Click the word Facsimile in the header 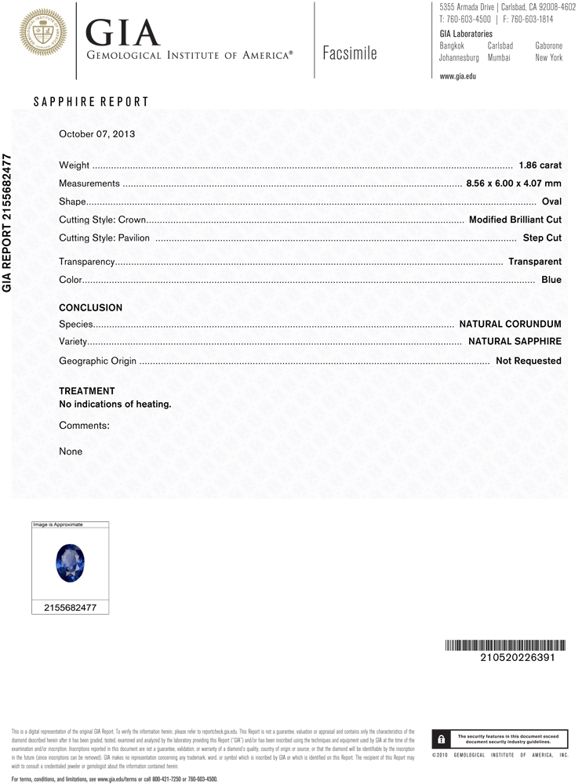[349, 53]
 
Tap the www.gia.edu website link [458, 76]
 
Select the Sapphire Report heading [91, 102]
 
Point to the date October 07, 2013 [97, 133]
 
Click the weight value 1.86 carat [540, 165]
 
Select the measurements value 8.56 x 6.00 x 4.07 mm [514, 183]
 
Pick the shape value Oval [551, 201]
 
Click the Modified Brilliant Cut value [515, 220]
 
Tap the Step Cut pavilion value [542, 238]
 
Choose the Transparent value [535, 261]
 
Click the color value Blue [551, 279]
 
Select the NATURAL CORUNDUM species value [510, 323]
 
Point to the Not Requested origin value [529, 361]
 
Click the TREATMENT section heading [87, 390]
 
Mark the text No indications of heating [115, 405]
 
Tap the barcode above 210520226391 [500, 645]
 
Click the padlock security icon [442, 739]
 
